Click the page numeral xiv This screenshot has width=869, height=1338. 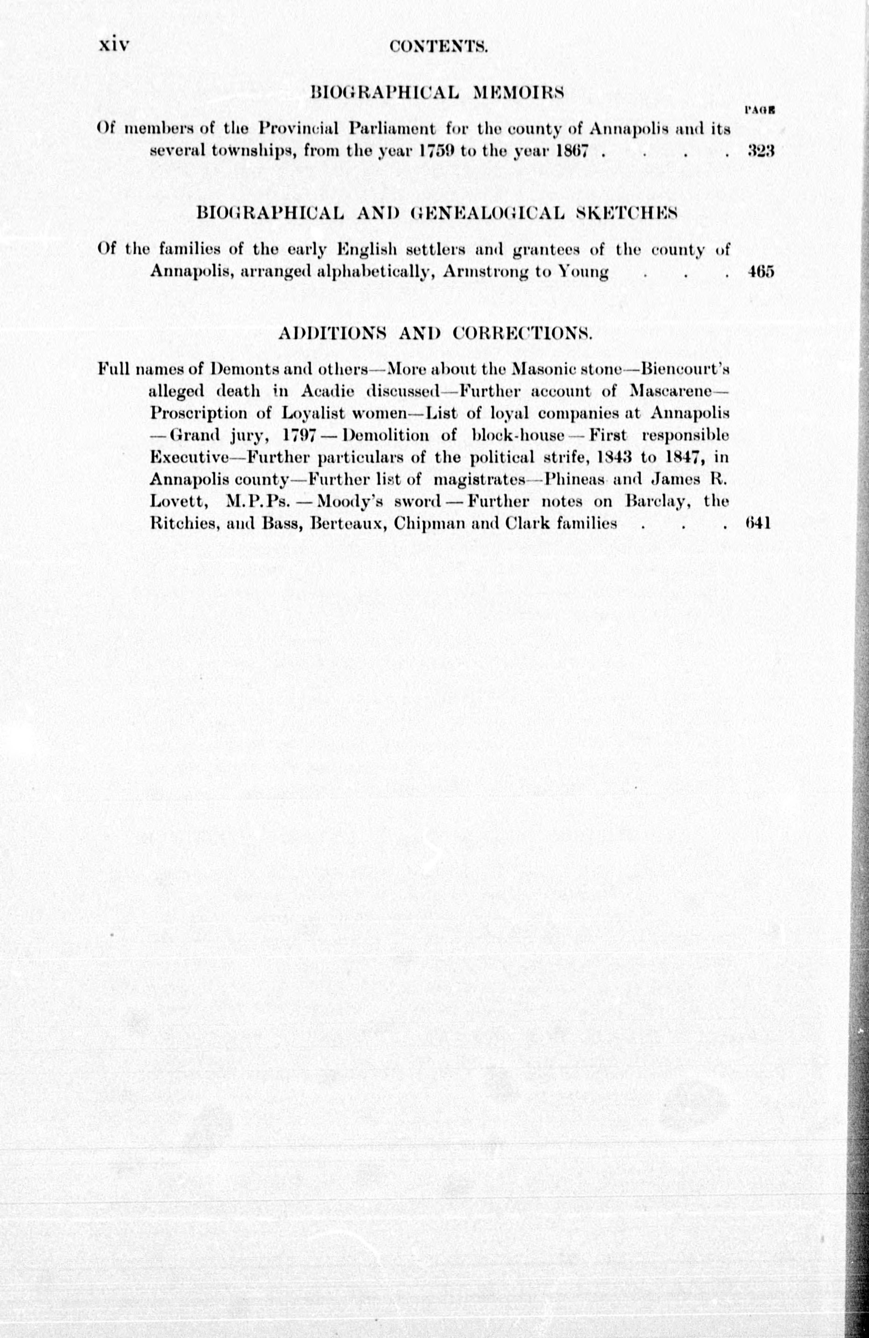(x=114, y=44)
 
